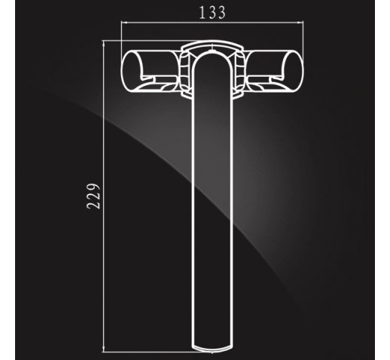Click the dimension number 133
[x=212, y=13]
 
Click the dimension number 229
[x=93, y=197]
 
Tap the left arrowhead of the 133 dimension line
[x=123, y=23]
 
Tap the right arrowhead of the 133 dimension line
[x=301, y=23]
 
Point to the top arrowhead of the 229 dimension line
[x=103, y=44]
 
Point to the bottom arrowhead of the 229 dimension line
[x=103, y=349]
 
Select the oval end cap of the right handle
[x=293, y=71]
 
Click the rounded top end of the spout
[x=212, y=54]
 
